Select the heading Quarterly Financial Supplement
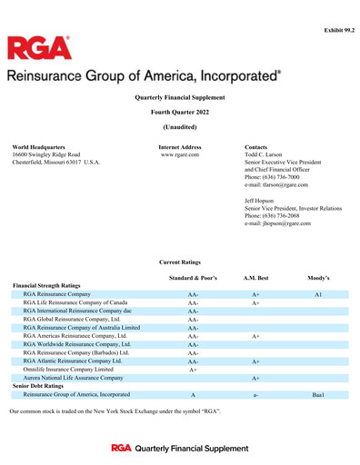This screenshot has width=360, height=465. click(x=179, y=97)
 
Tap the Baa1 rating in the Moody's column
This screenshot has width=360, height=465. click(x=318, y=395)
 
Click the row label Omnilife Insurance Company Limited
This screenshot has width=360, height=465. click(x=68, y=370)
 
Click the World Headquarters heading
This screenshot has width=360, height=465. click(x=38, y=146)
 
